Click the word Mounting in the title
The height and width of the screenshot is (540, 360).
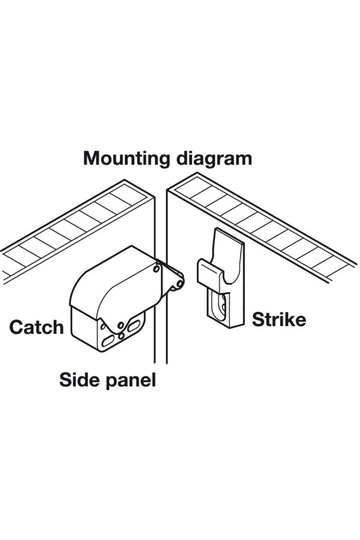click(126, 159)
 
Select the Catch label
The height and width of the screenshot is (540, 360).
click(36, 327)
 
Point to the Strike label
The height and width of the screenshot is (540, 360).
click(278, 319)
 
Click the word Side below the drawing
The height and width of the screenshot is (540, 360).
click(77, 379)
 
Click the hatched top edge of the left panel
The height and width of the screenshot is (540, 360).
click(72, 222)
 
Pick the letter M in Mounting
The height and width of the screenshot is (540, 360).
click(91, 159)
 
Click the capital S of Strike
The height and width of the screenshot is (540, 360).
click(257, 319)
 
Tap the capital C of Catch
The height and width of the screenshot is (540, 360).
click(16, 327)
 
